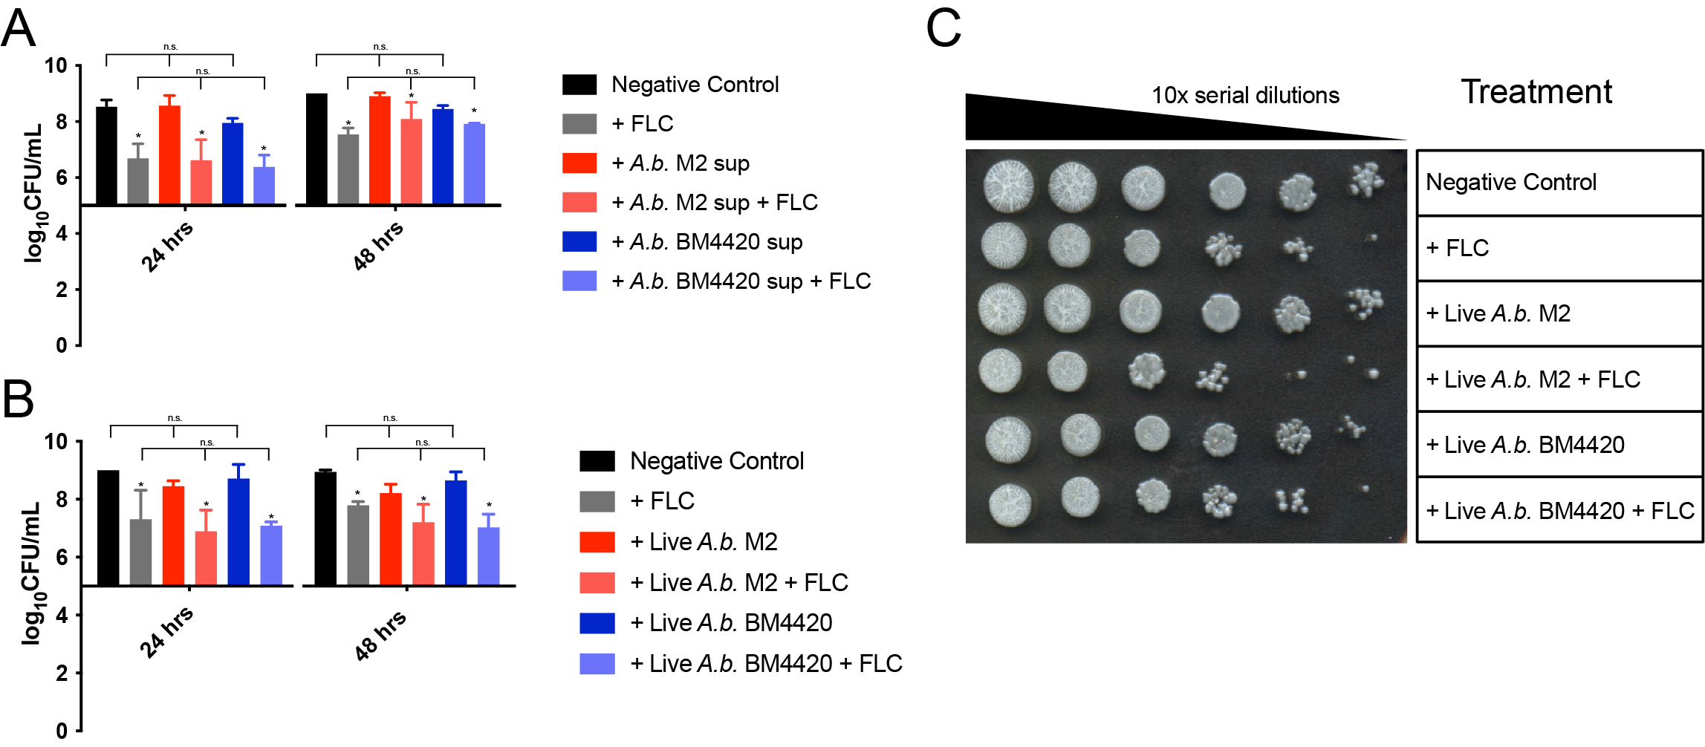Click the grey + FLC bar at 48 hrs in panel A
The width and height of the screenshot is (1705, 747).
click(x=348, y=169)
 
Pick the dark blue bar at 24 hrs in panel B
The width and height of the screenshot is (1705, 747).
click(x=238, y=531)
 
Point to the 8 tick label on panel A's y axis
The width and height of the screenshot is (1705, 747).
click(x=61, y=122)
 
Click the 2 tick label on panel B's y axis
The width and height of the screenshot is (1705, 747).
click(x=61, y=673)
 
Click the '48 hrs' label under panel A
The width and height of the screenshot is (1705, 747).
click(x=377, y=245)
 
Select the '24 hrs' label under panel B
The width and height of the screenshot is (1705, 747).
click(x=166, y=631)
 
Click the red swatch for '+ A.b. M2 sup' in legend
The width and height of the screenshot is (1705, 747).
click(x=579, y=163)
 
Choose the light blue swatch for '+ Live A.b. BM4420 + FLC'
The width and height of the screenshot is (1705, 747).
click(x=597, y=663)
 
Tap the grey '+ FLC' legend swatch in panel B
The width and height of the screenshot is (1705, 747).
click(x=597, y=501)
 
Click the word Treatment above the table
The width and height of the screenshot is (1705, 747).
click(x=1536, y=92)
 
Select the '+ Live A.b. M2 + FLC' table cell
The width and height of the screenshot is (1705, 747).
click(x=1559, y=379)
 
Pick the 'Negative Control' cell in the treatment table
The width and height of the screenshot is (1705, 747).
click(x=1559, y=183)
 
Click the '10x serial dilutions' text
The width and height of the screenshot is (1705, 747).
click(x=1245, y=96)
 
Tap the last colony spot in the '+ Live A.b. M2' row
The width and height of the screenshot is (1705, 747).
click(x=1364, y=303)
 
